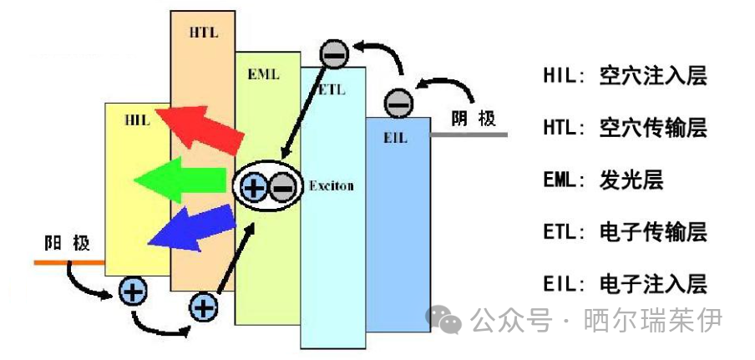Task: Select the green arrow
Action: pyautogui.click(x=180, y=180)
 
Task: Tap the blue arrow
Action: pyautogui.click(x=191, y=228)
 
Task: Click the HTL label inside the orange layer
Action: pyautogui.click(x=204, y=33)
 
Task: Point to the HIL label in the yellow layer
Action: pyautogui.click(x=137, y=119)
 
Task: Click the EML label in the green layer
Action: pyautogui.click(x=263, y=74)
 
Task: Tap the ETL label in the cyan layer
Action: pyautogui.click(x=332, y=89)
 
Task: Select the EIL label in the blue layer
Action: pyautogui.click(x=395, y=139)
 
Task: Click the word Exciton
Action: pyautogui.click(x=332, y=185)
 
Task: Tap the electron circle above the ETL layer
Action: pyautogui.click(x=334, y=54)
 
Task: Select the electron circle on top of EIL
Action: pyautogui.click(x=398, y=104)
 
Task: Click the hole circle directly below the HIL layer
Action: pyautogui.click(x=133, y=292)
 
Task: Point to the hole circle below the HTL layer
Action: pyautogui.click(x=203, y=307)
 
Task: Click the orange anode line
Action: pyautogui.click(x=69, y=262)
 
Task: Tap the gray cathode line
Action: pyautogui.click(x=469, y=134)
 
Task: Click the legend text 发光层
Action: pyautogui.click(x=631, y=181)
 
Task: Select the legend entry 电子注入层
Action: pyautogui.click(x=653, y=284)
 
